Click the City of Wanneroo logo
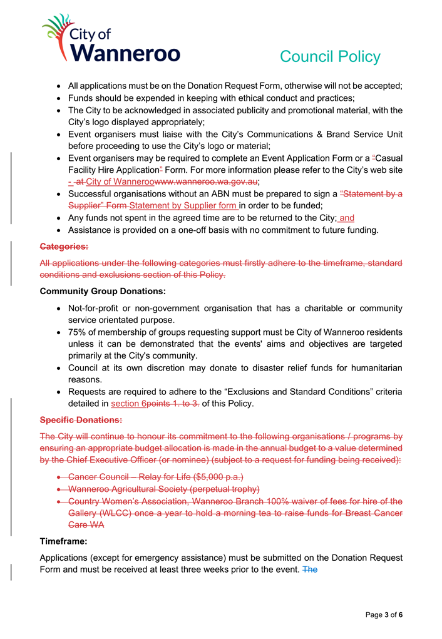[x=111, y=39]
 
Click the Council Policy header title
[x=330, y=57]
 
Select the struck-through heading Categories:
[x=64, y=248]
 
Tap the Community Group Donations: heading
[x=103, y=291]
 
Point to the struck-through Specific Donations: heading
[x=81, y=419]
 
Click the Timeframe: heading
[x=63, y=540]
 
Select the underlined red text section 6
[x=128, y=404]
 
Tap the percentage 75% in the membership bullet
[x=78, y=332]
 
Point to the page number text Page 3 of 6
[x=384, y=615]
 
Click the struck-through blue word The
[x=310, y=570]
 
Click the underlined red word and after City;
[x=346, y=218]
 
